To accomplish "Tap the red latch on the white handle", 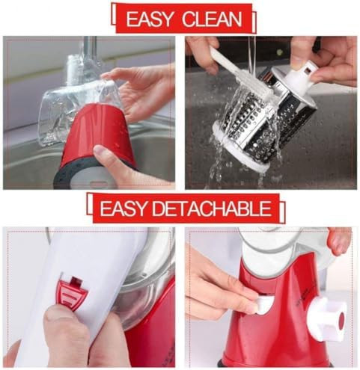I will click(x=73, y=288).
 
